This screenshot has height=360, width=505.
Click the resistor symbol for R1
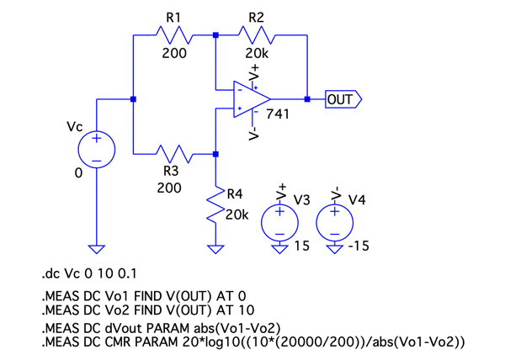point(175,35)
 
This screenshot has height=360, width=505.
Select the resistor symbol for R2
point(256,35)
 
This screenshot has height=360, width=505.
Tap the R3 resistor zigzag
point(175,154)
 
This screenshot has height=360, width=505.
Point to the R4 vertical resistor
point(216,206)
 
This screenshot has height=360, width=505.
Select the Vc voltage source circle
point(97,149)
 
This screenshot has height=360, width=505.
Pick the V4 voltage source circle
point(335,223)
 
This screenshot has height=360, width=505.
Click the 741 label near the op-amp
point(278,113)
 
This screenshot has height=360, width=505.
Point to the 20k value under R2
point(258,54)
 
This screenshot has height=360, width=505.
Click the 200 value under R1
point(174,54)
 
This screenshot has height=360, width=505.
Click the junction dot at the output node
point(307,99)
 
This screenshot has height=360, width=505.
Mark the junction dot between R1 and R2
point(216,35)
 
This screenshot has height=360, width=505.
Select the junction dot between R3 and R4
point(216,154)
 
